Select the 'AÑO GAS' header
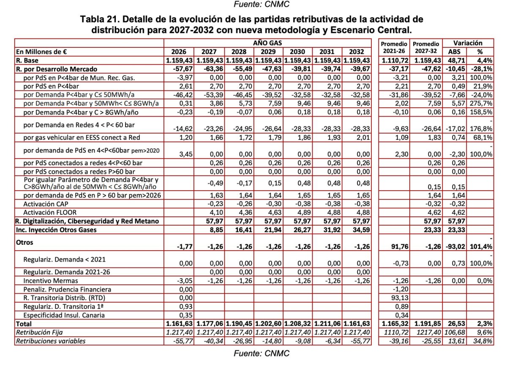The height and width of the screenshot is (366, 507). pyautogui.click(x=267, y=43)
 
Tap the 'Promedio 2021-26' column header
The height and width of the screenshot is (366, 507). pyautogui.click(x=394, y=47)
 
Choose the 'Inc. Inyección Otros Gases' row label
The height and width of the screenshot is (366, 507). pyautogui.click(x=56, y=229)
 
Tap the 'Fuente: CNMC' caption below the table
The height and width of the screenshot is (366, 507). pyautogui.click(x=262, y=353)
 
